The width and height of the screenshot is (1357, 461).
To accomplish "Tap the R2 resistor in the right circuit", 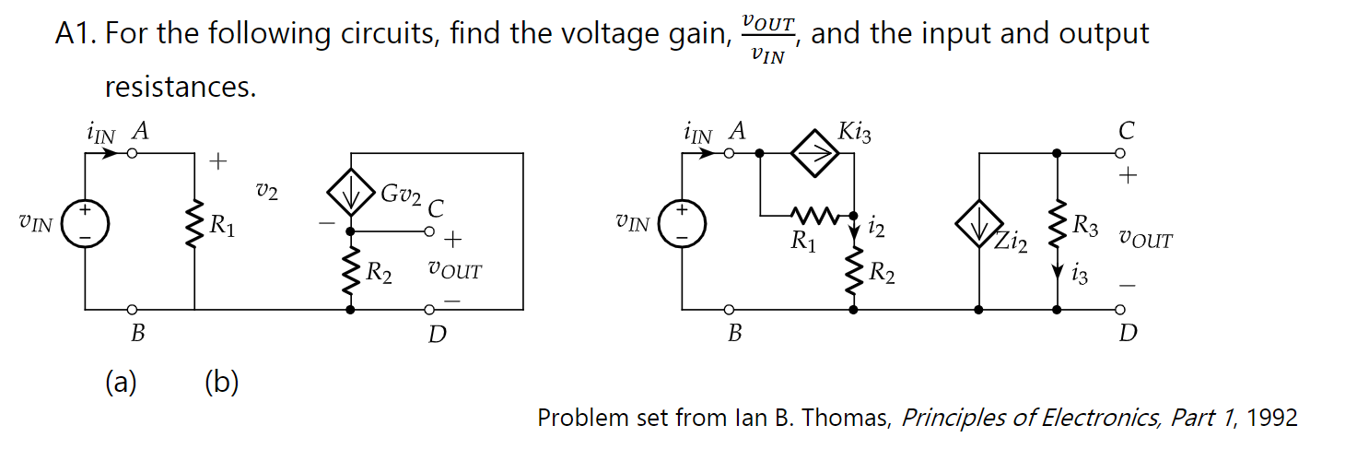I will pyautogui.click(x=853, y=272).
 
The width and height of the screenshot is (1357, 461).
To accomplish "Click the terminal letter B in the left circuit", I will pyautogui.click(x=137, y=334).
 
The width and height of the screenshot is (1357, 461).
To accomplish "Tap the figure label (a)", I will pyautogui.click(x=121, y=381).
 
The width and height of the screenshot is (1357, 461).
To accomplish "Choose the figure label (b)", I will pyautogui.click(x=221, y=381).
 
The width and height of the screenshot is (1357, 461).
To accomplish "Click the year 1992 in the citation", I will pyautogui.click(x=1271, y=418).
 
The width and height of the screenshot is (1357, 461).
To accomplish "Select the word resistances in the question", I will pyautogui.click(x=179, y=88).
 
